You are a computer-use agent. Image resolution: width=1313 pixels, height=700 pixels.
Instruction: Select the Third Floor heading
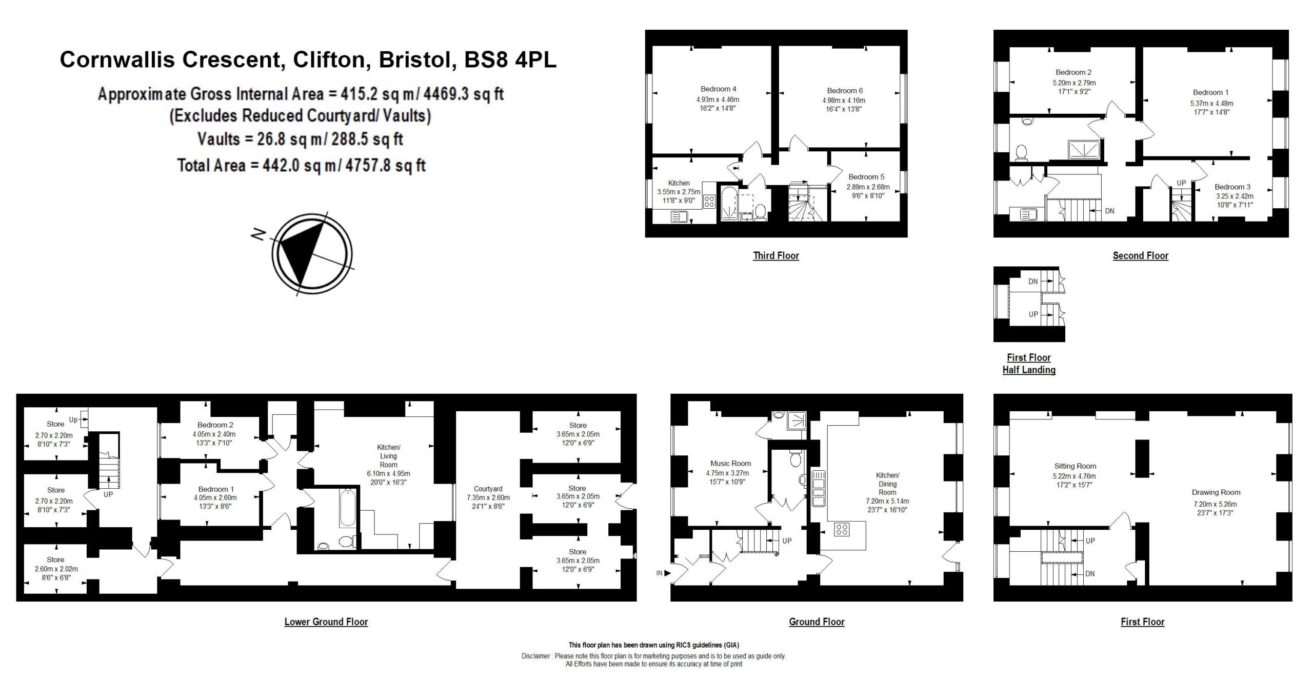[x=775, y=255]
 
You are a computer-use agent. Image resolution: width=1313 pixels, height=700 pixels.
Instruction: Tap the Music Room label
[x=730, y=463]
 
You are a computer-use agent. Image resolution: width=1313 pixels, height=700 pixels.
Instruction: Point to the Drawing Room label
[x=1216, y=492]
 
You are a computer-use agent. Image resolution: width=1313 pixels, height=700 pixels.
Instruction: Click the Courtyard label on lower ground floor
[x=488, y=489]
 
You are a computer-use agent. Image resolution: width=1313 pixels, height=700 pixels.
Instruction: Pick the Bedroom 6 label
[x=845, y=91]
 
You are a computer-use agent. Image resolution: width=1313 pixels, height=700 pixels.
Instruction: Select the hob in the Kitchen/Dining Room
[x=842, y=529]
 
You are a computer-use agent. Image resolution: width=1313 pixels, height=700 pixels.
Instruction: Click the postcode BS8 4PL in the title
[x=510, y=59]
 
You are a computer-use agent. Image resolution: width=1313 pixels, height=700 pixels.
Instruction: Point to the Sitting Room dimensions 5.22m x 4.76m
[x=1075, y=476]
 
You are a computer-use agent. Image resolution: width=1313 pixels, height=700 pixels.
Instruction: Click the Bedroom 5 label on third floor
[x=866, y=177]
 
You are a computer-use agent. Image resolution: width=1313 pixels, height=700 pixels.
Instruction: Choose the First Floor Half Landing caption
[x=1029, y=364]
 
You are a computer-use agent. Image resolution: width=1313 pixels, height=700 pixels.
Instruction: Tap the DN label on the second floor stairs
[x=1109, y=211]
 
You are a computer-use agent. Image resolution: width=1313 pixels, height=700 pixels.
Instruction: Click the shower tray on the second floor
[x=1084, y=150]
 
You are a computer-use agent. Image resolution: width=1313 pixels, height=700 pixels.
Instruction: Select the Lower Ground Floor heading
[x=326, y=622]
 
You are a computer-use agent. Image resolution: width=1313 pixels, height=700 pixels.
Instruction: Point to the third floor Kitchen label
[x=679, y=183]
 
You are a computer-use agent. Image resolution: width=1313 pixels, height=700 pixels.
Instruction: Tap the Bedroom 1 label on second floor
[x=1210, y=92]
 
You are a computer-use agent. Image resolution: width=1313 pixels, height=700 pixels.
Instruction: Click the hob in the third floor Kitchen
[x=709, y=202]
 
